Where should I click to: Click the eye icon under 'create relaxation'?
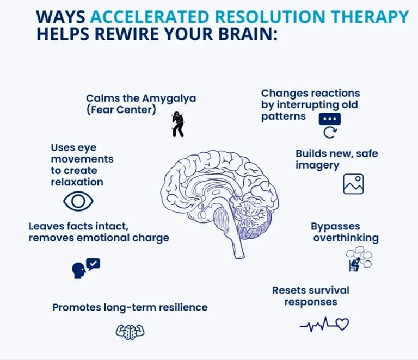[78, 202]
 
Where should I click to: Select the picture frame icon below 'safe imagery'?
[353, 184]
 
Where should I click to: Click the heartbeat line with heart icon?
[324, 325]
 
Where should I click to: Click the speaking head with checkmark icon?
[86, 267]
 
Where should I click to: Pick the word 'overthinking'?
[346, 238]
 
